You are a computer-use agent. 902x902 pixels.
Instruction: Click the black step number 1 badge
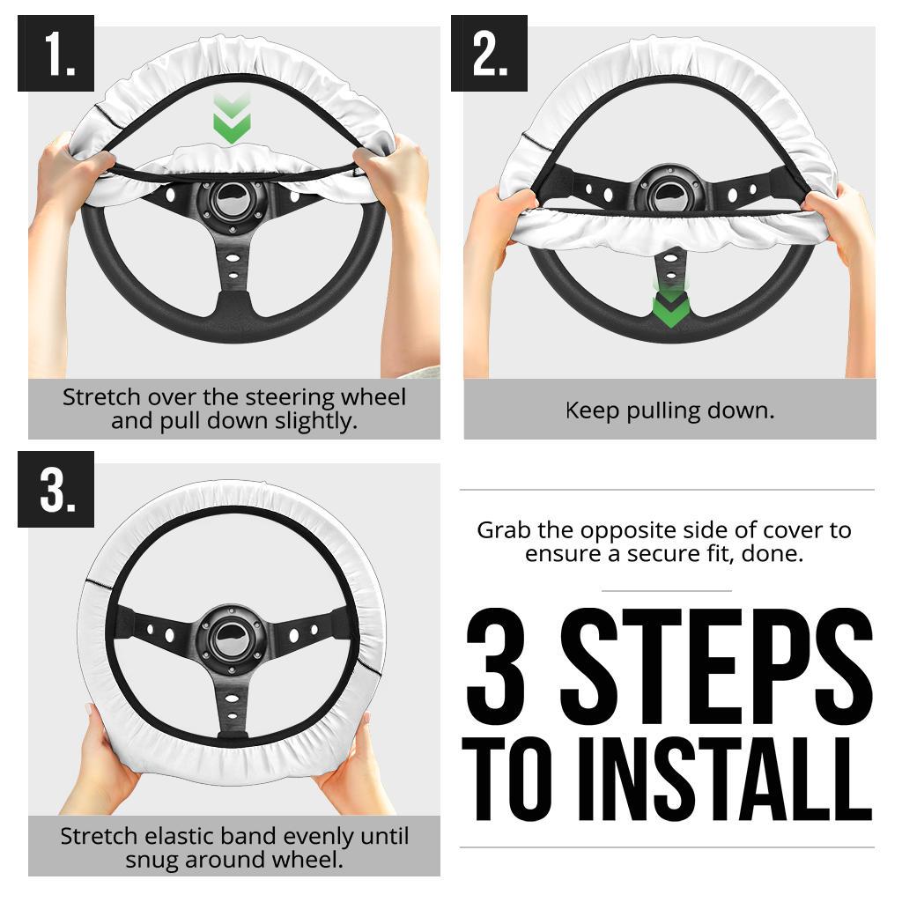55,53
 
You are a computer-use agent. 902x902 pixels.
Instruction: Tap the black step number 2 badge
489,53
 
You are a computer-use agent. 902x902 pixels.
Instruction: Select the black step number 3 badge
55,489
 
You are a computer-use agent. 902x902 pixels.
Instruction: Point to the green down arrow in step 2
670,305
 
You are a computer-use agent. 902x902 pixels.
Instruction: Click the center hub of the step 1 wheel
233,201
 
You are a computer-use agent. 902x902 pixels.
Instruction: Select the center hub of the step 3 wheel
232,638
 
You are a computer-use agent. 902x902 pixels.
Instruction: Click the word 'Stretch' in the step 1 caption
101,397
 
